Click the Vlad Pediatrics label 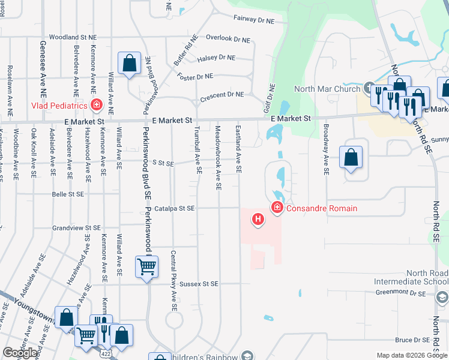coord(59,106)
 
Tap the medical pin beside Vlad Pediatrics coord(96,106)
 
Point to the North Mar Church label coord(327,89)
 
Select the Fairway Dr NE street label coord(253,20)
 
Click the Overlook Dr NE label coord(228,38)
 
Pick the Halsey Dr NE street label coord(216,58)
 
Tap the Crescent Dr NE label coord(222,94)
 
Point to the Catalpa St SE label coord(173,209)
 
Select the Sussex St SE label coord(198,283)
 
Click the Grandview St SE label coord(76,228)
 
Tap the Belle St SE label coord(68,194)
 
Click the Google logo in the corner coord(20,353)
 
